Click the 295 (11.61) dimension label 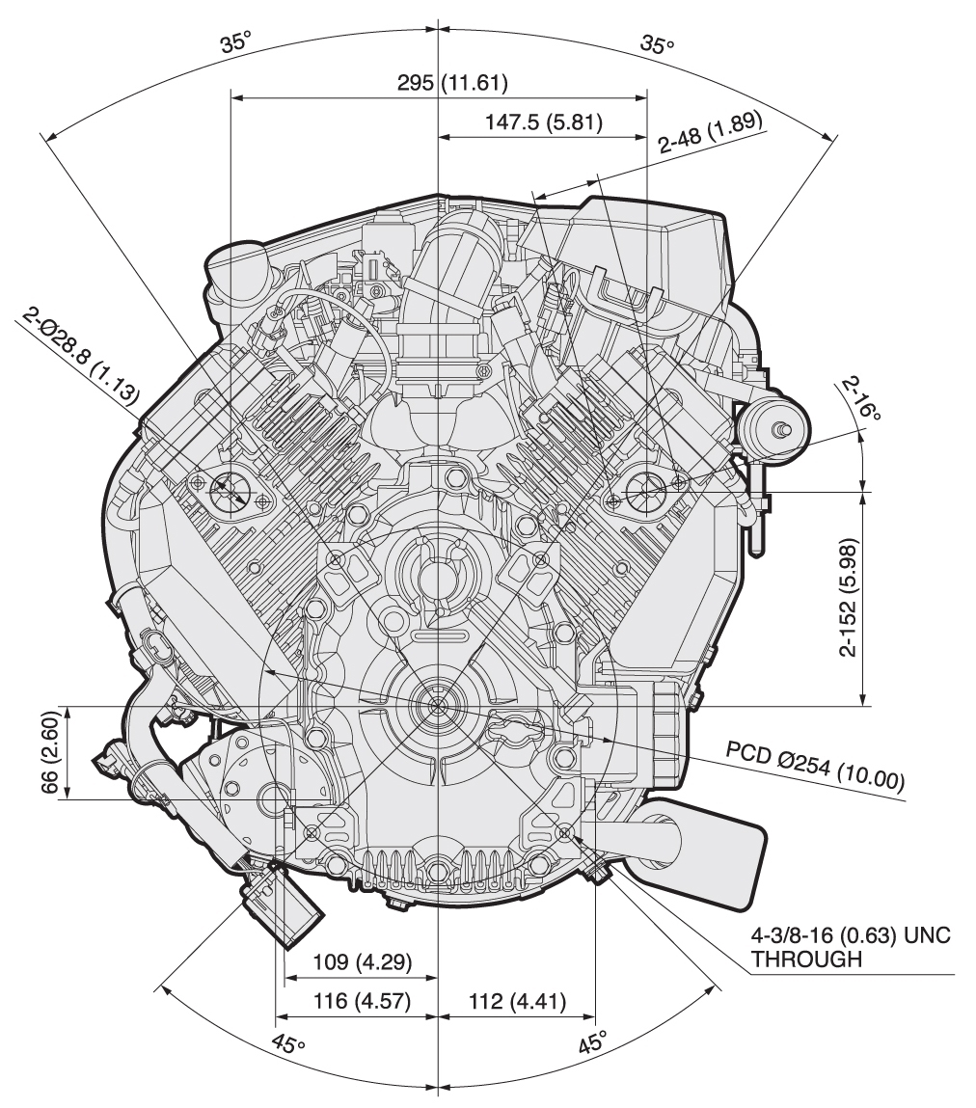point(452,83)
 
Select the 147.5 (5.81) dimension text point(544,122)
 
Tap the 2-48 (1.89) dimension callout point(710,132)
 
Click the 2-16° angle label point(861,398)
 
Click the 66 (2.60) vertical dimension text point(49,752)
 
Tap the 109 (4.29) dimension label point(362,961)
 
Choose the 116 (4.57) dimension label point(362,1001)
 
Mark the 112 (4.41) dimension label point(517,1001)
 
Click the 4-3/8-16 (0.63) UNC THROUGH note point(851,947)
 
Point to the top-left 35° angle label point(235,43)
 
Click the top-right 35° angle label point(658,44)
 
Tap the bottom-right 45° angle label point(592,1043)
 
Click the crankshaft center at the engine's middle point(438,704)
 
